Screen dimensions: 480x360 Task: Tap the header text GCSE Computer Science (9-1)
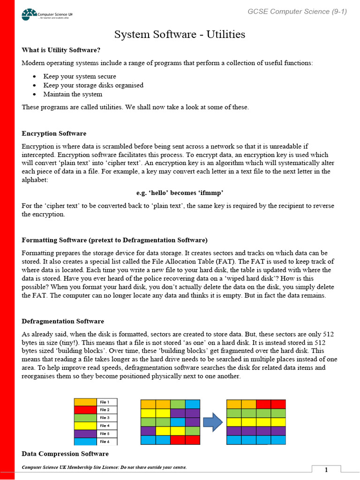[297, 12]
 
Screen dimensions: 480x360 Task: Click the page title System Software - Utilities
[180, 35]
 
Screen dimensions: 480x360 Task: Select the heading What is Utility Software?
[61, 50]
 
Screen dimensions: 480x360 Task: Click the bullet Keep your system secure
[80, 76]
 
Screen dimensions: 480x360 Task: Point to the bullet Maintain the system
[73, 94]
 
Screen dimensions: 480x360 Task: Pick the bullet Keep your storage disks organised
[93, 85]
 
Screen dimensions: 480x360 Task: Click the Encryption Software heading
[54, 134]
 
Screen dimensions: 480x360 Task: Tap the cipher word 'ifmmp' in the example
[212, 193]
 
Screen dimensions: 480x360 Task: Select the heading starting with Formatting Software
[114, 240]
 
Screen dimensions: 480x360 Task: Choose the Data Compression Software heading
[65, 454]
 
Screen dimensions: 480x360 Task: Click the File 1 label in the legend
[105, 402]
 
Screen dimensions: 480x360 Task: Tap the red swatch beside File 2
[85, 410]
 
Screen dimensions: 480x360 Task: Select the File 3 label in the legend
[105, 418]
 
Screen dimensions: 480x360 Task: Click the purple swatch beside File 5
[85, 434]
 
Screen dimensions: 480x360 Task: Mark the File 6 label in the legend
[105, 442]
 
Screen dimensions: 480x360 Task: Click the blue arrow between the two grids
[213, 422]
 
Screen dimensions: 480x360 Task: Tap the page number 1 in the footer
[326, 470]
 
